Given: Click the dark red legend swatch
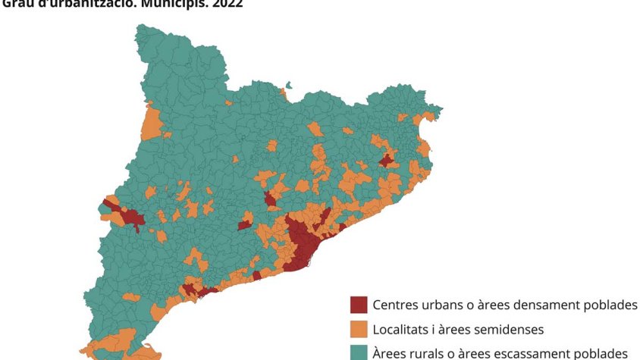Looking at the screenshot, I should (358, 305).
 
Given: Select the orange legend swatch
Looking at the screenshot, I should (358, 330).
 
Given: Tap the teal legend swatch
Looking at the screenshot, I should (358, 352).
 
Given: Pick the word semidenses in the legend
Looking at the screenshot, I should (511, 330).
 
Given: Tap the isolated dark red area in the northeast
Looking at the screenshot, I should (387, 161).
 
